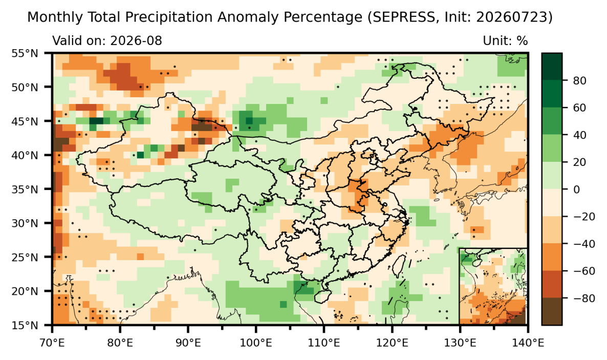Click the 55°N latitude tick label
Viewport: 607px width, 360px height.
[x=25, y=53]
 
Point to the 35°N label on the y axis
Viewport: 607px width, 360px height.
[x=25, y=189]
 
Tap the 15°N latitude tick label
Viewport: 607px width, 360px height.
[x=25, y=325]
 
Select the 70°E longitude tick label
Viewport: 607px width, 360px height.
[x=52, y=343]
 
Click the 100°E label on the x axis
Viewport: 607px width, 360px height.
[x=256, y=343]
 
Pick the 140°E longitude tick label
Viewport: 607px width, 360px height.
[x=528, y=343]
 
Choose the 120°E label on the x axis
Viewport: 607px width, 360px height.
[x=392, y=343]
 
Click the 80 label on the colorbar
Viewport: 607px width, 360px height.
[x=579, y=80]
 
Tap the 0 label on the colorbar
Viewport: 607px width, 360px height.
[x=576, y=189]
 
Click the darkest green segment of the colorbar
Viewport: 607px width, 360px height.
[x=552, y=66]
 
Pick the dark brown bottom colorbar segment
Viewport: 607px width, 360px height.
[x=552, y=311]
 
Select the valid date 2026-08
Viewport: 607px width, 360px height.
[x=136, y=40]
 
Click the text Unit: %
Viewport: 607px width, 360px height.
[x=505, y=40]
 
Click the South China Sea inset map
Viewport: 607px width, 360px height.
[x=493, y=286]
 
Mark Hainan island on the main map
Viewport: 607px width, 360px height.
[x=322, y=296]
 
